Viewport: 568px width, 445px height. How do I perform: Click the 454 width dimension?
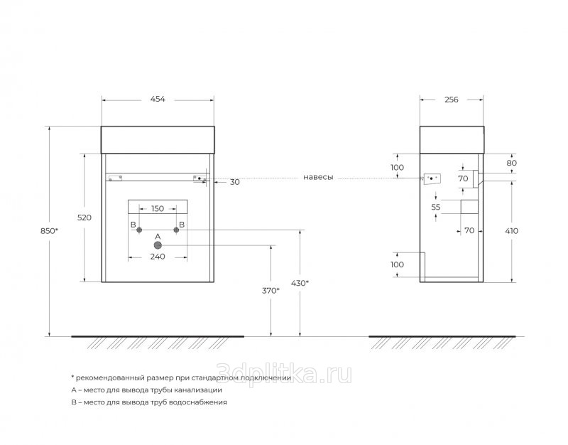[158, 99]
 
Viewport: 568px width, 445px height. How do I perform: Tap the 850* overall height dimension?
[49, 230]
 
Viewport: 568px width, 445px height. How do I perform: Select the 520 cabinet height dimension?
[84, 218]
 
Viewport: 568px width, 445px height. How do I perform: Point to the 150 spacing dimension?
[158, 208]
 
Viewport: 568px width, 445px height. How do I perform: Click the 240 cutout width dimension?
[158, 257]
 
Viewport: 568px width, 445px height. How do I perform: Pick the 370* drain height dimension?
[271, 291]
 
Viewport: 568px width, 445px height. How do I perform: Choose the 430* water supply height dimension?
[300, 283]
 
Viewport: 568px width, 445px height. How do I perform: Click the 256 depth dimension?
[452, 100]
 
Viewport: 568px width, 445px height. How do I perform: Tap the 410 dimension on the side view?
[511, 230]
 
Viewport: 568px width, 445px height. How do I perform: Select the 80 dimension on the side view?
[511, 163]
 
